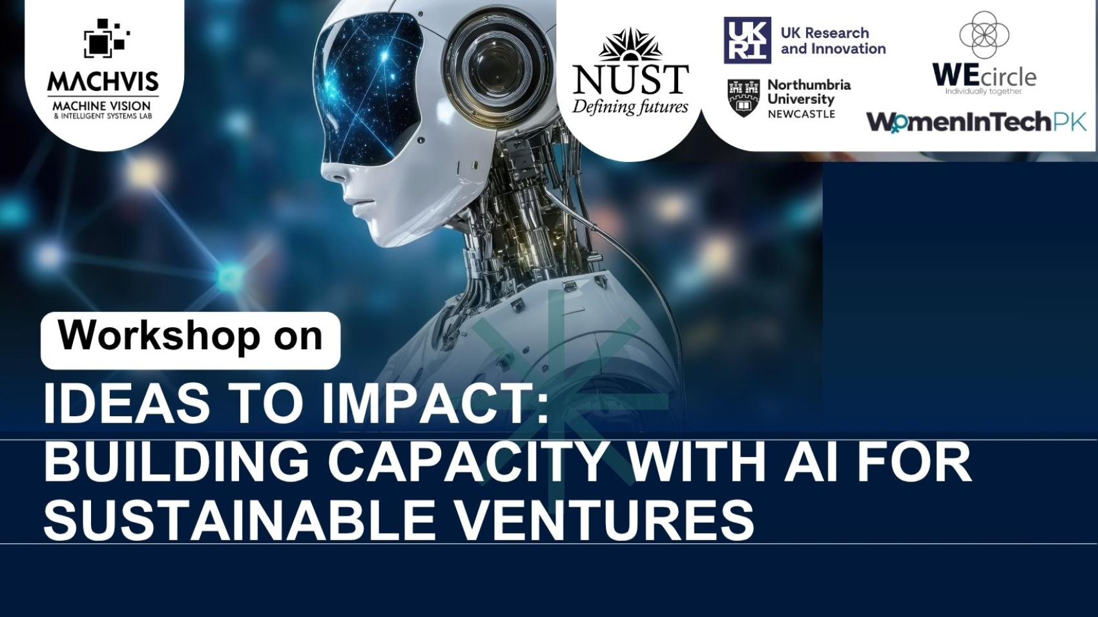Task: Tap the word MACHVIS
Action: click(103, 81)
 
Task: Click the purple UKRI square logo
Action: click(747, 40)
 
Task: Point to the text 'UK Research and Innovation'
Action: click(833, 41)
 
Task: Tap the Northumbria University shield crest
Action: click(744, 98)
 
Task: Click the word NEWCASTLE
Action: click(802, 114)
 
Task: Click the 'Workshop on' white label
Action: click(191, 340)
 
